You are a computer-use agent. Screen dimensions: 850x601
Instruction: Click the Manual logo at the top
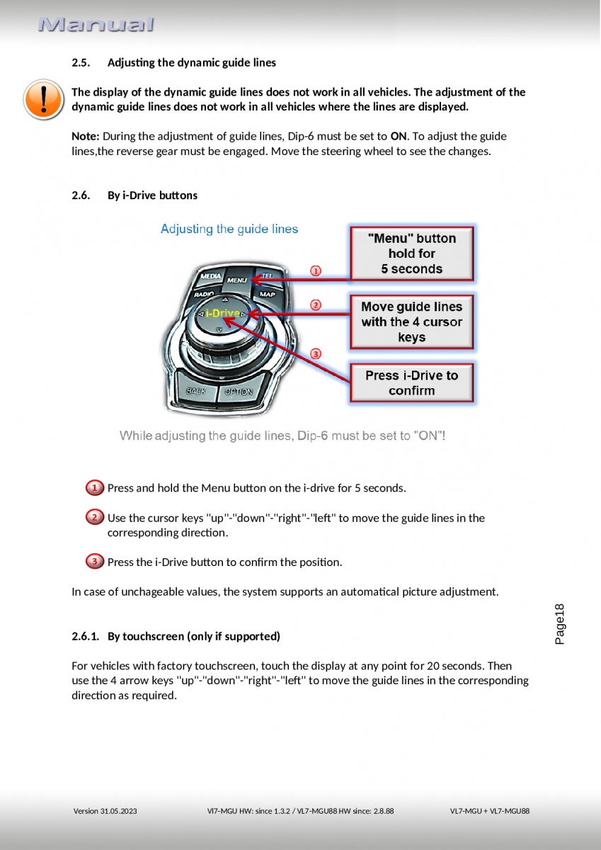click(96, 25)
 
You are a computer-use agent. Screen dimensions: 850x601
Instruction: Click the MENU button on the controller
click(237, 280)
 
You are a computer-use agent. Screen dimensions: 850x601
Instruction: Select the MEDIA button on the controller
click(210, 276)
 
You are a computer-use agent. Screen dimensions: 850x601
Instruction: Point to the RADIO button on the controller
click(204, 293)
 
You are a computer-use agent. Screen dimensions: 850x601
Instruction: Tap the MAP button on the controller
click(267, 293)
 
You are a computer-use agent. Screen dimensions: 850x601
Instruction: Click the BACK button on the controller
click(196, 391)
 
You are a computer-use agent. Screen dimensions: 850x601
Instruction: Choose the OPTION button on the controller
click(238, 392)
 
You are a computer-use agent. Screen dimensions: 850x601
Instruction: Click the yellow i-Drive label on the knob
click(222, 313)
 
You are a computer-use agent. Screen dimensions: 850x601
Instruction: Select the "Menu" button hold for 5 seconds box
click(411, 254)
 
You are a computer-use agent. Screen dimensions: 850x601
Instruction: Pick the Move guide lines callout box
click(411, 322)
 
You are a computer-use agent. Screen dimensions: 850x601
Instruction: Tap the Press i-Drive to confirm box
click(411, 383)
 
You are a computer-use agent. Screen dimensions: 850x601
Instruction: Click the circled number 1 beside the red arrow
click(316, 271)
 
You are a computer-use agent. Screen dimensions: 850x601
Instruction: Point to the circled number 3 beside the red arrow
click(316, 353)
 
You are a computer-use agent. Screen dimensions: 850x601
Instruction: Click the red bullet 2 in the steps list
click(94, 518)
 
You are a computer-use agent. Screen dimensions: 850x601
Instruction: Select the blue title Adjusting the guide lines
click(229, 229)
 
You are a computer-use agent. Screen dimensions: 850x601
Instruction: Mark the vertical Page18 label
click(559, 623)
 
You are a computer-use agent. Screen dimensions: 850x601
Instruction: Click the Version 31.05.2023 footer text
click(105, 811)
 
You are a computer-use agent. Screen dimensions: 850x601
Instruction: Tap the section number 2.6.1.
click(85, 636)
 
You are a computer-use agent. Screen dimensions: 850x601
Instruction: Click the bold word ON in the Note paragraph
click(399, 136)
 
